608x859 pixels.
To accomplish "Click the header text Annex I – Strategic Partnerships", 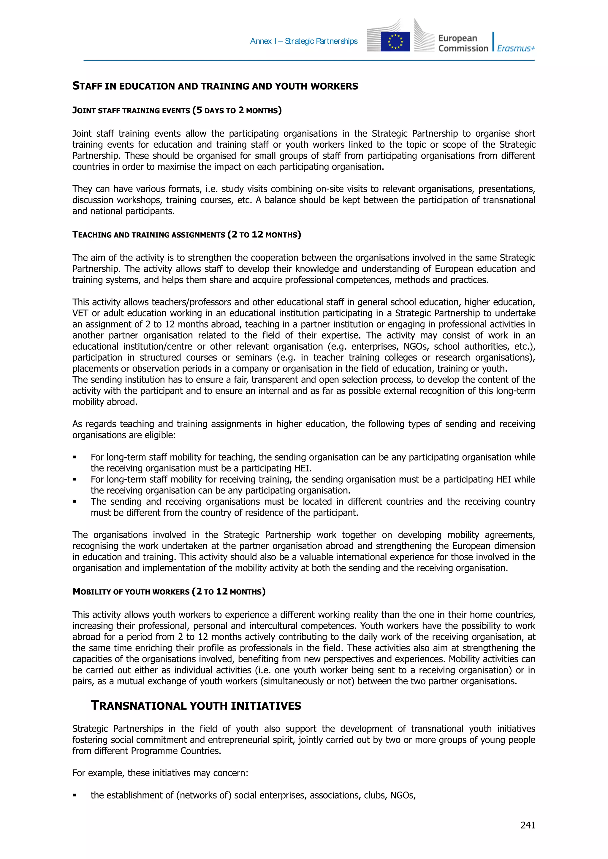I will pyautogui.click(x=303, y=41).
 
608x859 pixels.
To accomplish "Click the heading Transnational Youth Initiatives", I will pyautogui.click(x=196, y=706).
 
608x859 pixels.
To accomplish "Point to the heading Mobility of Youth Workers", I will pyautogui.click(x=169, y=592).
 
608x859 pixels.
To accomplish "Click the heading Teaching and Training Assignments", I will pyautogui.click(x=186, y=235).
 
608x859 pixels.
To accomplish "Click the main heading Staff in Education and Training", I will pyautogui.click(x=215, y=86).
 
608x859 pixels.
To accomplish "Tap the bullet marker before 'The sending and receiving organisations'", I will pyautogui.click(x=75, y=502).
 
